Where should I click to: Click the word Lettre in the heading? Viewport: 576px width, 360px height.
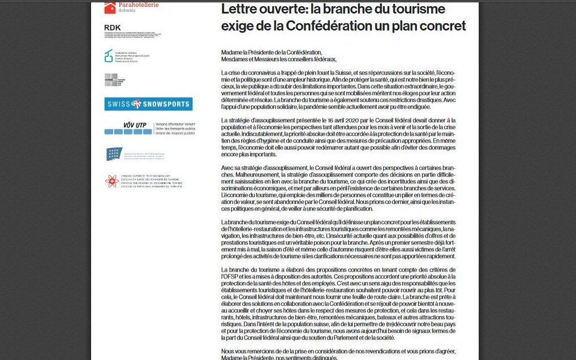(239, 9)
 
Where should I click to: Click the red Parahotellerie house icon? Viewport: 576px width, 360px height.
(110, 8)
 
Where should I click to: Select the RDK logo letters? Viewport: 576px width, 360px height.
(113, 27)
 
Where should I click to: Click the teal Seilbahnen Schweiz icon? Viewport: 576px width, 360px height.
(109, 55)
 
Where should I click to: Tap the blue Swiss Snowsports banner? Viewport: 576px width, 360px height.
(148, 104)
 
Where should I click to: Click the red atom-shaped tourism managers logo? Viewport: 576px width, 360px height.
(111, 181)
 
